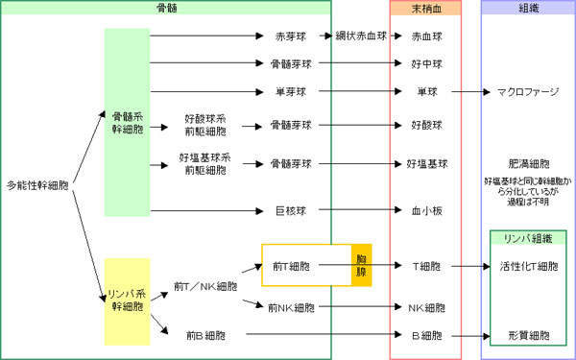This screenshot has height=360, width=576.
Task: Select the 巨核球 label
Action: (290, 210)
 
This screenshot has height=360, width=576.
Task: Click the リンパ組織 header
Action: (527, 238)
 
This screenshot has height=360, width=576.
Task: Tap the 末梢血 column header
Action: (425, 8)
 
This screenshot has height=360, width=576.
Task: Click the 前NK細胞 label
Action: (290, 308)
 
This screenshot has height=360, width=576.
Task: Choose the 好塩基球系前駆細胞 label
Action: (204, 163)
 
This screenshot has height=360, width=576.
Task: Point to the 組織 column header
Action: (526, 8)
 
